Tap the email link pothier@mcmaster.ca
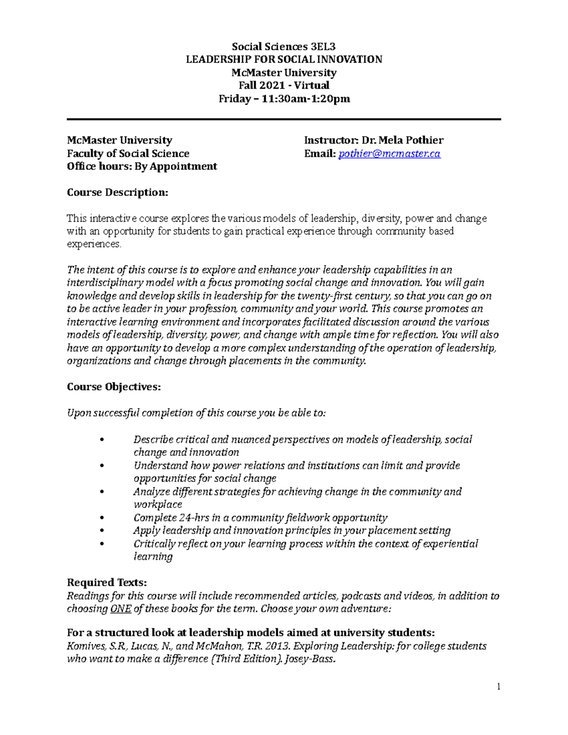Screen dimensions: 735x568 tap(390, 153)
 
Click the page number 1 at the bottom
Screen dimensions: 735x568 tap(498, 686)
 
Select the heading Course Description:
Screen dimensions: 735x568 tap(117, 192)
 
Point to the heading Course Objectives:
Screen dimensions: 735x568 tap(114, 387)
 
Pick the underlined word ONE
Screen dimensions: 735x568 tap(120, 609)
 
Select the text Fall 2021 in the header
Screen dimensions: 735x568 tap(262, 85)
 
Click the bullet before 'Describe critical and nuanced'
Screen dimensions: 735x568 tap(102, 440)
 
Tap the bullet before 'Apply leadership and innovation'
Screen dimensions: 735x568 tap(102, 531)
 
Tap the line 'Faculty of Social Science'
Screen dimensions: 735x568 tap(128, 153)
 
